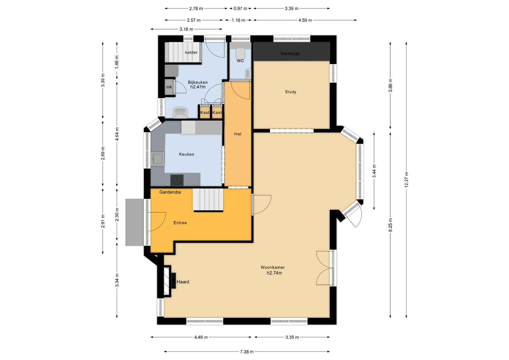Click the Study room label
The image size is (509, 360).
[291, 92]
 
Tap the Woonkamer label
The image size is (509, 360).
[273, 267]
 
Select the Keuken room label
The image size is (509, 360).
[186, 154]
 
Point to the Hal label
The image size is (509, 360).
[238, 134]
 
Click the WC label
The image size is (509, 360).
[240, 61]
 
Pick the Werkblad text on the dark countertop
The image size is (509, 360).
[290, 54]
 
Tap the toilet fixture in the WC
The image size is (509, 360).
[240, 53]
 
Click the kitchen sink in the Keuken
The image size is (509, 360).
[157, 159]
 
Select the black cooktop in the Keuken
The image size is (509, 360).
[177, 180]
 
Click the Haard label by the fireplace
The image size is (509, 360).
[183, 282]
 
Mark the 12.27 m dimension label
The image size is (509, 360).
[406, 180]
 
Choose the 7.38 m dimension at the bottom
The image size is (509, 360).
[247, 352]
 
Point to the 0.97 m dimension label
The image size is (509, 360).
[240, 8]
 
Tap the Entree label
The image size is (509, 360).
[180, 223]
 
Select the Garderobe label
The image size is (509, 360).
[170, 192]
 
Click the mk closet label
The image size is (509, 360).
[169, 87]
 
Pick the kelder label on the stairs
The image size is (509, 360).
[191, 52]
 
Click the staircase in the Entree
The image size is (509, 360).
[208, 200]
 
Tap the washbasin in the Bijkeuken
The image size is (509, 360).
[180, 113]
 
